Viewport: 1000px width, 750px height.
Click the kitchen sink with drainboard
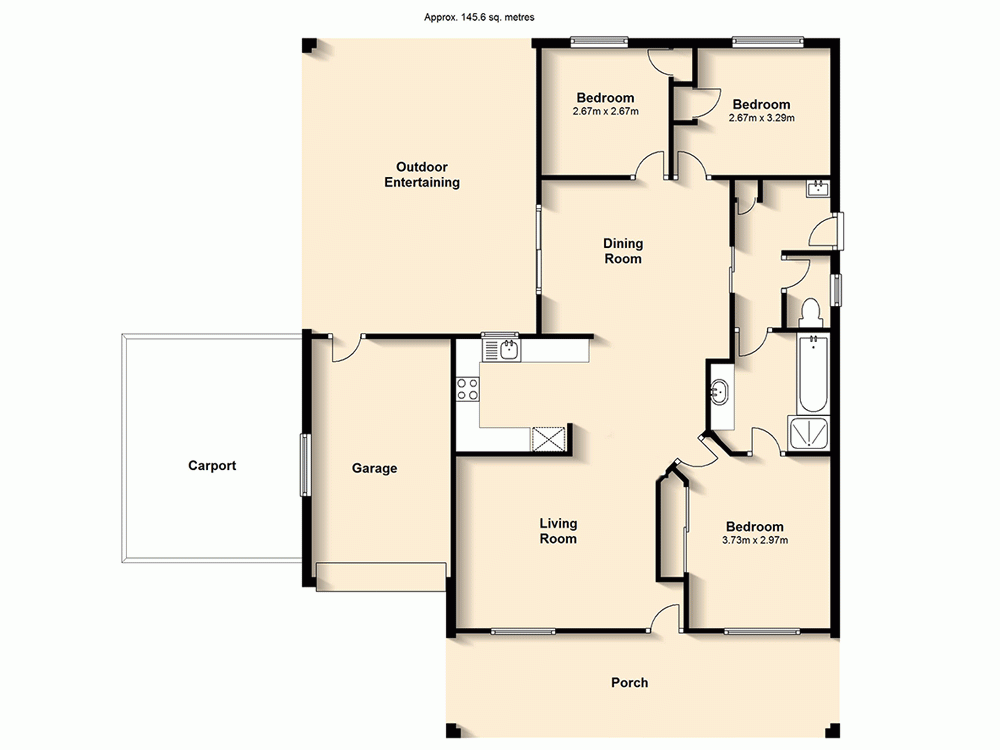(x=502, y=349)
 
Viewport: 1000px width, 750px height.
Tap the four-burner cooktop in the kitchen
(x=467, y=389)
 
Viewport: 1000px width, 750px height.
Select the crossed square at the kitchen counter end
(x=548, y=438)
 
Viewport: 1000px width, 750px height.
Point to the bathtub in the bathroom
(x=812, y=374)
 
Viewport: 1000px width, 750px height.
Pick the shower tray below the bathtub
(x=809, y=431)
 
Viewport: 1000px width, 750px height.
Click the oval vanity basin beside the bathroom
(x=720, y=393)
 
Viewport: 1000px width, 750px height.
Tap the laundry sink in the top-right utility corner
(x=818, y=189)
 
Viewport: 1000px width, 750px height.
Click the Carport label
(x=212, y=466)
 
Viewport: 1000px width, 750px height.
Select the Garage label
(x=374, y=468)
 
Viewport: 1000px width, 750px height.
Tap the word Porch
(x=629, y=683)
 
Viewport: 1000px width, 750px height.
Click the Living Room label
(x=558, y=531)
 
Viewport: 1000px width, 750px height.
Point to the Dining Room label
(x=622, y=251)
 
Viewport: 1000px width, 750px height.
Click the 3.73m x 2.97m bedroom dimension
(x=754, y=541)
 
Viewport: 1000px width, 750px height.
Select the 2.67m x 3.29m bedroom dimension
(x=761, y=118)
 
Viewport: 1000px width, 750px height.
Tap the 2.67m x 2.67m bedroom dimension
(x=605, y=111)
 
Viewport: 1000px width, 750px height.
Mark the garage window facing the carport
(x=306, y=465)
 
